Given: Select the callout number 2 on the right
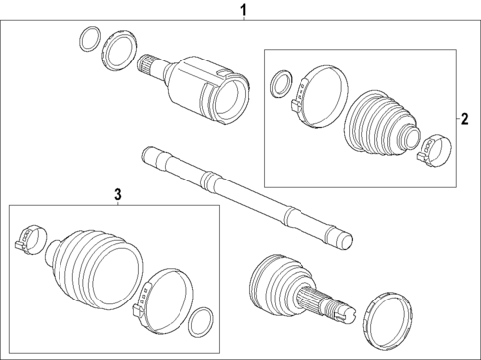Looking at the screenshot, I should (462, 120).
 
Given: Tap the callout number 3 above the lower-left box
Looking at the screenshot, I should (117, 194).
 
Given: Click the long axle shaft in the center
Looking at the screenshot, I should (243, 194).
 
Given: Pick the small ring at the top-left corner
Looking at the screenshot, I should (87, 42).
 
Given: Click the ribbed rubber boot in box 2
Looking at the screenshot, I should (383, 123).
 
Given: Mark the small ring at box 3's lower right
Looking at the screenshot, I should (200, 321).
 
